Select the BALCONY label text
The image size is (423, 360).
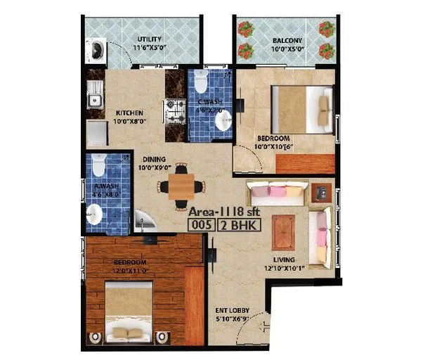[287, 41]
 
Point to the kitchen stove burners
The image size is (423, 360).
[174, 110]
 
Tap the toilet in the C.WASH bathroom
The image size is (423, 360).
[202, 85]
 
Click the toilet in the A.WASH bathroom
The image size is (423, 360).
[98, 167]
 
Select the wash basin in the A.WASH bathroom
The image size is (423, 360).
[93, 214]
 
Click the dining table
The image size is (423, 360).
[181, 186]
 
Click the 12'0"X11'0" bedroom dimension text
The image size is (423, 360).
[131, 270]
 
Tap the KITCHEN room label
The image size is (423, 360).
[129, 112]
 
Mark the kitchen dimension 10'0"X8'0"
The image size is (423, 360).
[129, 122]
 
